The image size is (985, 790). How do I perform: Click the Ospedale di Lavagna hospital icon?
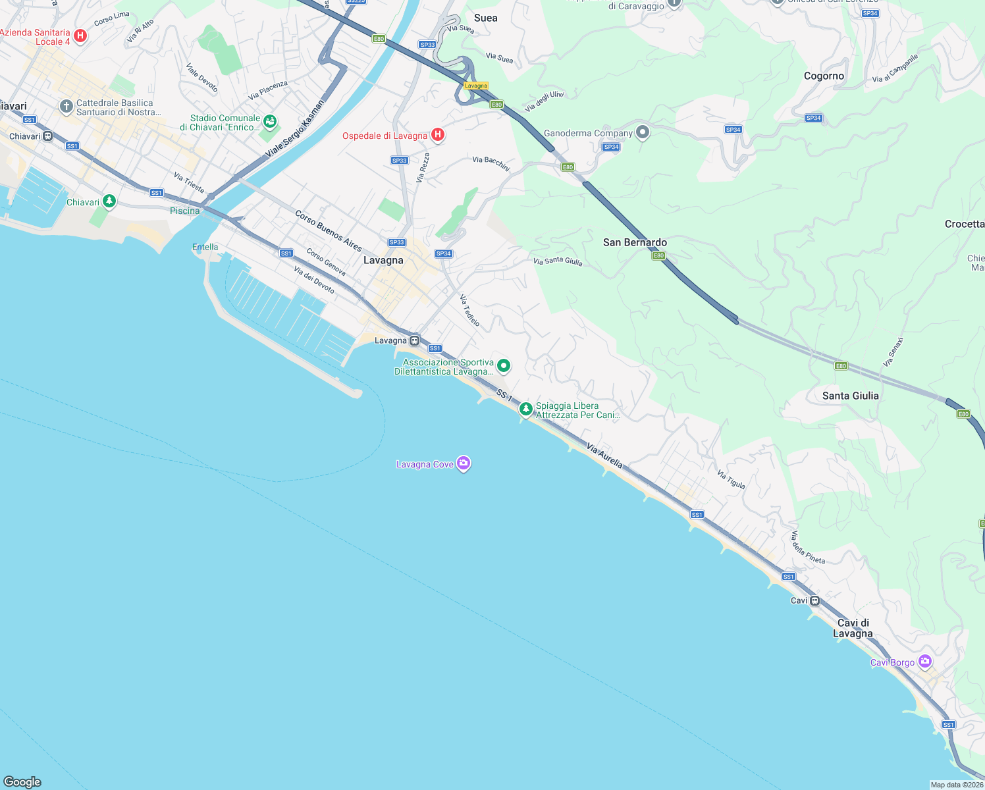pos(438,135)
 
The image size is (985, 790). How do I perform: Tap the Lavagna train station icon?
pos(415,340)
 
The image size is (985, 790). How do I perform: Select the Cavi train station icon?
pos(815,600)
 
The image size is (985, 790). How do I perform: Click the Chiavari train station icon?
pos(48,136)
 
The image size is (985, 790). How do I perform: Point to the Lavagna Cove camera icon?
pos(464,464)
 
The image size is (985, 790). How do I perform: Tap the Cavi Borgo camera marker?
pos(926,662)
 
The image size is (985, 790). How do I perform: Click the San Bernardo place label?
pos(635,242)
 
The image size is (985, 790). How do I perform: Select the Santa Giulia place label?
pos(850,396)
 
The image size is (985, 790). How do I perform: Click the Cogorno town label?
pos(824,76)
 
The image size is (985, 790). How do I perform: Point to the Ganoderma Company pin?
pos(643,132)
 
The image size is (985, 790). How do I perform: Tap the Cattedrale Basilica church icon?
pos(66,107)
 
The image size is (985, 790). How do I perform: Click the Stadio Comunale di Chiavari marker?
pos(270,122)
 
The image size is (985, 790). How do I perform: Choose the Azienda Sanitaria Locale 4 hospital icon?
pos(80,36)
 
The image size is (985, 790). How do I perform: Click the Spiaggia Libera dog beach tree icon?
pos(525,409)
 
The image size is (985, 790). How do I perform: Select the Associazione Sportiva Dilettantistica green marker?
pos(504,365)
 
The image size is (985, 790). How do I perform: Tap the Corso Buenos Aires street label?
pos(329,231)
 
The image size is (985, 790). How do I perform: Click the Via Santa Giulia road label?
pos(558,261)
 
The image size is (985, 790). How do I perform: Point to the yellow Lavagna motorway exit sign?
pos(475,86)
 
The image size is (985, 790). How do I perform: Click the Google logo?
pos(22,781)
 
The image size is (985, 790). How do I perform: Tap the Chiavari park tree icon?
pos(109,201)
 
